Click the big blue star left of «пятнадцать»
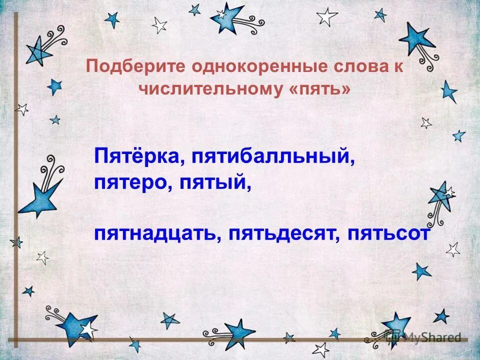point(41,197)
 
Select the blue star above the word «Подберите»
point(110,19)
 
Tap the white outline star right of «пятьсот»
point(453,248)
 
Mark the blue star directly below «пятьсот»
point(421,271)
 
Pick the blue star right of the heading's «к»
point(449,91)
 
